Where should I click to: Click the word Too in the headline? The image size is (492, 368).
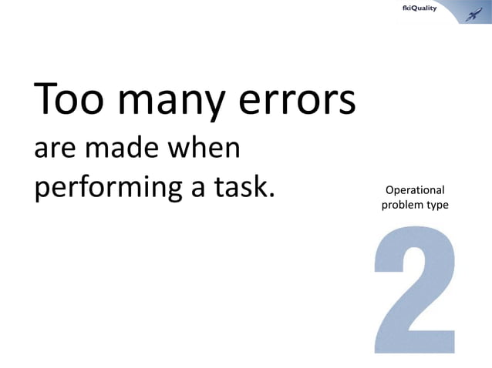67,101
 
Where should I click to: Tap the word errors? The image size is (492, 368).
289,101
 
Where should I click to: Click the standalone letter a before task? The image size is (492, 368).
200,190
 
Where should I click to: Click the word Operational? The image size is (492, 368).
414,190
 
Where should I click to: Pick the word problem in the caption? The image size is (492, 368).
399,206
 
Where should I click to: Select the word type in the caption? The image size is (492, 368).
436,206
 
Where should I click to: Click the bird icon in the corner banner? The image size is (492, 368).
471,11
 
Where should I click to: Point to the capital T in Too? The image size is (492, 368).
44,99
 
